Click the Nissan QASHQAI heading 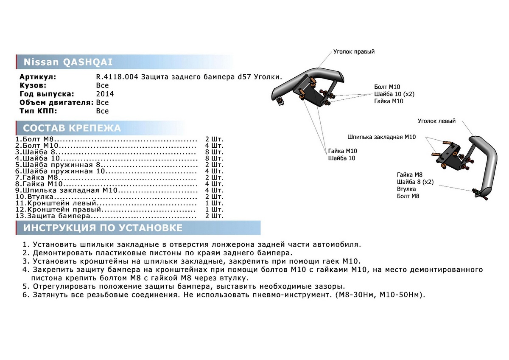[x=68, y=62]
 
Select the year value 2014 [x=105, y=94]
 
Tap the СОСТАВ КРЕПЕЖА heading [x=72, y=128]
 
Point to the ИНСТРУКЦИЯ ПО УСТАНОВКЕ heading [x=103, y=228]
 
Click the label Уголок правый [x=354, y=52]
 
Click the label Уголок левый [x=436, y=121]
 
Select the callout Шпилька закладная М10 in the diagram [x=381, y=137]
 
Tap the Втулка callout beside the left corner [x=406, y=189]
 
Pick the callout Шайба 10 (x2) [x=394, y=94]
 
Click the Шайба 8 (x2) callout [x=415, y=182]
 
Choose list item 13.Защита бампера [x=53, y=216]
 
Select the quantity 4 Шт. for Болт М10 [x=214, y=146]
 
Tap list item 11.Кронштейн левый [x=57, y=203]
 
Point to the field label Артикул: [x=38, y=77]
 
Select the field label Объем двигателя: [x=56, y=102]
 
